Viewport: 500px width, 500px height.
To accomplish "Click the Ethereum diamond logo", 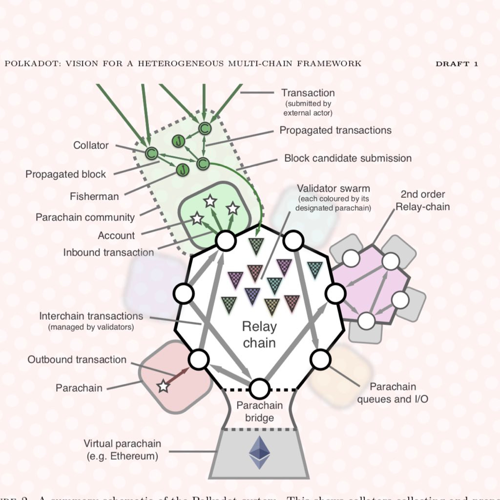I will coord(259,453).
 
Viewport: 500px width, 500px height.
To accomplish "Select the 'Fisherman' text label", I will coord(94,196).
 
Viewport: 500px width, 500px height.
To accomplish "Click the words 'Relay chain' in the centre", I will coord(259,334).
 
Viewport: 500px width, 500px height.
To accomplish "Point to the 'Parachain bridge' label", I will coord(259,412).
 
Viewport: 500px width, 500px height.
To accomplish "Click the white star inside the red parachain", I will coord(163,387).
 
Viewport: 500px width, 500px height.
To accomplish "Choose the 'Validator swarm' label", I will coord(333,188).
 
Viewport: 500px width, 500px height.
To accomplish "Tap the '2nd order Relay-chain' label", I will coord(422,200).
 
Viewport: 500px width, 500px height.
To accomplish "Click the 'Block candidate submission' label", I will coord(348,158).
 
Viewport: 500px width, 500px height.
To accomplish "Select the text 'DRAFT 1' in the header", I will coord(457,64).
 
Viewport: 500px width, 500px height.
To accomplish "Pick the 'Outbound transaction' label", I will coord(77,360).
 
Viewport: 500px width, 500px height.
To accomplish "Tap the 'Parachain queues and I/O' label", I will coord(393,393).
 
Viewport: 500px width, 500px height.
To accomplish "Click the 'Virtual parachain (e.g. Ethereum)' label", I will coord(122,450).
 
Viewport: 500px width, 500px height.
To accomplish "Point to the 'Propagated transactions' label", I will coord(335,130).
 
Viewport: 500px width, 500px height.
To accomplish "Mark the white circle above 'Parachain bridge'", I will coord(260,389).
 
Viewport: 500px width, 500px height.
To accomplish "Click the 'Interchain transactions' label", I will coord(91,316).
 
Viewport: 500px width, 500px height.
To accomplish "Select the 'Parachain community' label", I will coord(85,217).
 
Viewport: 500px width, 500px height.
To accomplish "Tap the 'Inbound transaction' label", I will coord(108,252).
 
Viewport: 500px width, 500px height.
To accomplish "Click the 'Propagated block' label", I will coord(66,174).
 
